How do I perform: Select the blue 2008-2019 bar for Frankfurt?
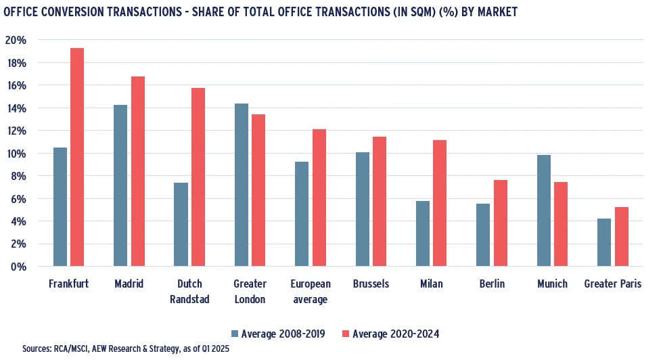click(60, 206)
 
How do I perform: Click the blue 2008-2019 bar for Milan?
click(422, 233)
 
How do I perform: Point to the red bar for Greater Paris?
click(622, 236)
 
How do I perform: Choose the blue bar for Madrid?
click(120, 185)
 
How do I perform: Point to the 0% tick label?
click(18, 267)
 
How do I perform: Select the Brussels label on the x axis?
click(371, 284)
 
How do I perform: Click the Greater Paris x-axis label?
click(613, 284)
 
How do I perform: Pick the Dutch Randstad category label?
click(189, 291)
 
